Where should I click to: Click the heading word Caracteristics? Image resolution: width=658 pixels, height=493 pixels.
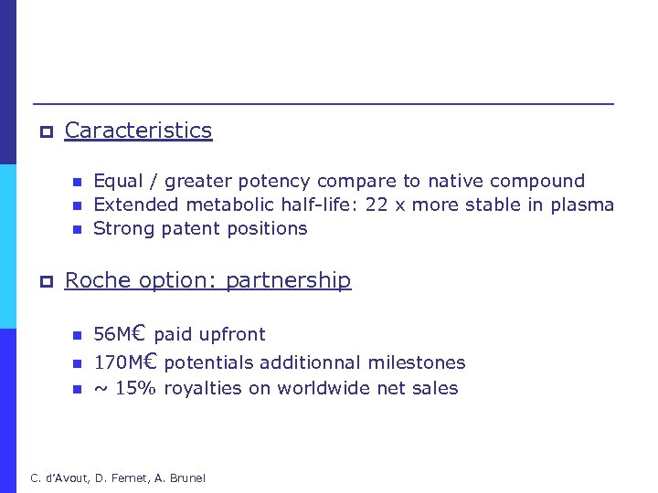point(138,131)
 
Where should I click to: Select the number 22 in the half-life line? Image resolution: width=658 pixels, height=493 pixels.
point(377,205)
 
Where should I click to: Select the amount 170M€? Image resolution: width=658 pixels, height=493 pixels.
point(126,362)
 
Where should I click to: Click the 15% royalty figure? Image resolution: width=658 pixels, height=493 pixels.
point(133,388)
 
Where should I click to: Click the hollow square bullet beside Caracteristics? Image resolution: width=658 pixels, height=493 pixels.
point(44,132)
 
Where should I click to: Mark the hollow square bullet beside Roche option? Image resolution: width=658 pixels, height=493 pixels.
point(44,282)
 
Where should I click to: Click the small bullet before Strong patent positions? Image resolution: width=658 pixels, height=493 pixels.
point(77,229)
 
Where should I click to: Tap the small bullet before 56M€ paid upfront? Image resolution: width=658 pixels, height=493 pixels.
point(77,336)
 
